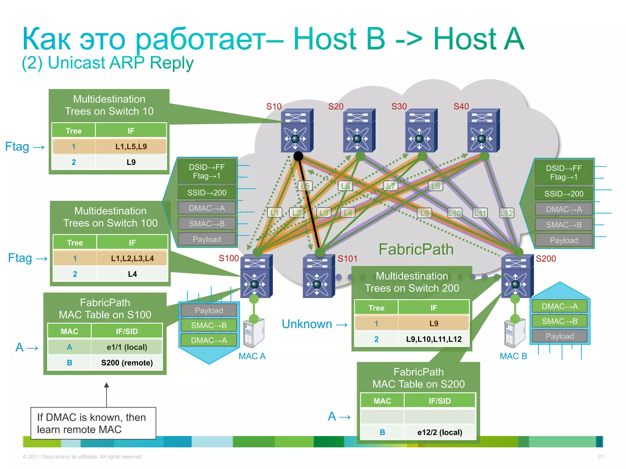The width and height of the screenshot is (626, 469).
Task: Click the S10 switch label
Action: click(274, 107)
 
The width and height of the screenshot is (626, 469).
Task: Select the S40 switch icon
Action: click(483, 131)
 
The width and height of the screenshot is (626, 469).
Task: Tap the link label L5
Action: click(305, 186)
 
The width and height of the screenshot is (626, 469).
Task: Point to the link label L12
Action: click(506, 213)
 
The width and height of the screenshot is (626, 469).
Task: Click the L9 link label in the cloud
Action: click(425, 213)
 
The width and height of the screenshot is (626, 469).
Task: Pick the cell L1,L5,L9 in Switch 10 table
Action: click(131, 147)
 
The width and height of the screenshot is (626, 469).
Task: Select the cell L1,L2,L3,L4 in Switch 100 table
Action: click(132, 259)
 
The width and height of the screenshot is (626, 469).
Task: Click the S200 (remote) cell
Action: click(127, 363)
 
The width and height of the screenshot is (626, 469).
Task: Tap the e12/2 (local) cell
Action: click(440, 432)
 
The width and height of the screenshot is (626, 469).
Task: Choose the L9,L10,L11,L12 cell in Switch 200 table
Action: click(433, 339)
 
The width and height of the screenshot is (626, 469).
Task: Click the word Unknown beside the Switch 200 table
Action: click(307, 324)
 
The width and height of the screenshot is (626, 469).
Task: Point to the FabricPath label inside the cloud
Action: click(416, 249)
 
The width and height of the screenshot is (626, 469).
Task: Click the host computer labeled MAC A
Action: click(254, 333)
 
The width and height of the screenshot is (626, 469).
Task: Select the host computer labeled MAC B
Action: click(515, 333)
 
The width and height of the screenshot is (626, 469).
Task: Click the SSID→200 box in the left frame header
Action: click(207, 193)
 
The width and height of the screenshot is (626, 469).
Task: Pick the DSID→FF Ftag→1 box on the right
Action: click(564, 173)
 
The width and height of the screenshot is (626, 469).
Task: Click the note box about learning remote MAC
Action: click(93, 423)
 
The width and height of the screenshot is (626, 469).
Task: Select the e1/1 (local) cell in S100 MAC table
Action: click(127, 347)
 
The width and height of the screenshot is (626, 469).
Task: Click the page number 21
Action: click(600, 456)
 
